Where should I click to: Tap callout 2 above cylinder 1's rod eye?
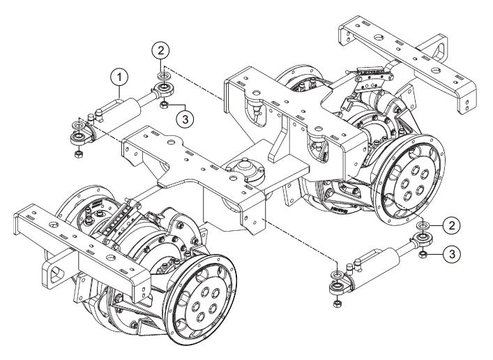[162, 50]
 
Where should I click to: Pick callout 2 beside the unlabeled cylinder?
[453, 225]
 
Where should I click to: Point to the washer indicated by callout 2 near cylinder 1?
[162, 73]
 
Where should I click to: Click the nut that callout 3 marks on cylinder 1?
[162, 105]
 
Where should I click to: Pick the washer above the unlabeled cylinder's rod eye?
[422, 227]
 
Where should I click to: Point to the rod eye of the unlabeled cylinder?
[422, 241]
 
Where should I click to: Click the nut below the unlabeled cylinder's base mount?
[337, 305]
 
